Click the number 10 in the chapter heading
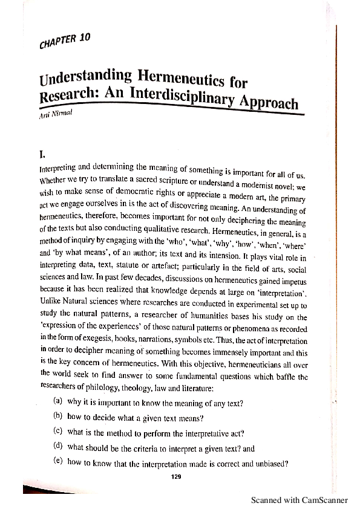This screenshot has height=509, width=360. [x=85, y=37]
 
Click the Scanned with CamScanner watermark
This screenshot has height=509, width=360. [x=299, y=500]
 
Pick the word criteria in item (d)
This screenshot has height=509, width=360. [x=145, y=447]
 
